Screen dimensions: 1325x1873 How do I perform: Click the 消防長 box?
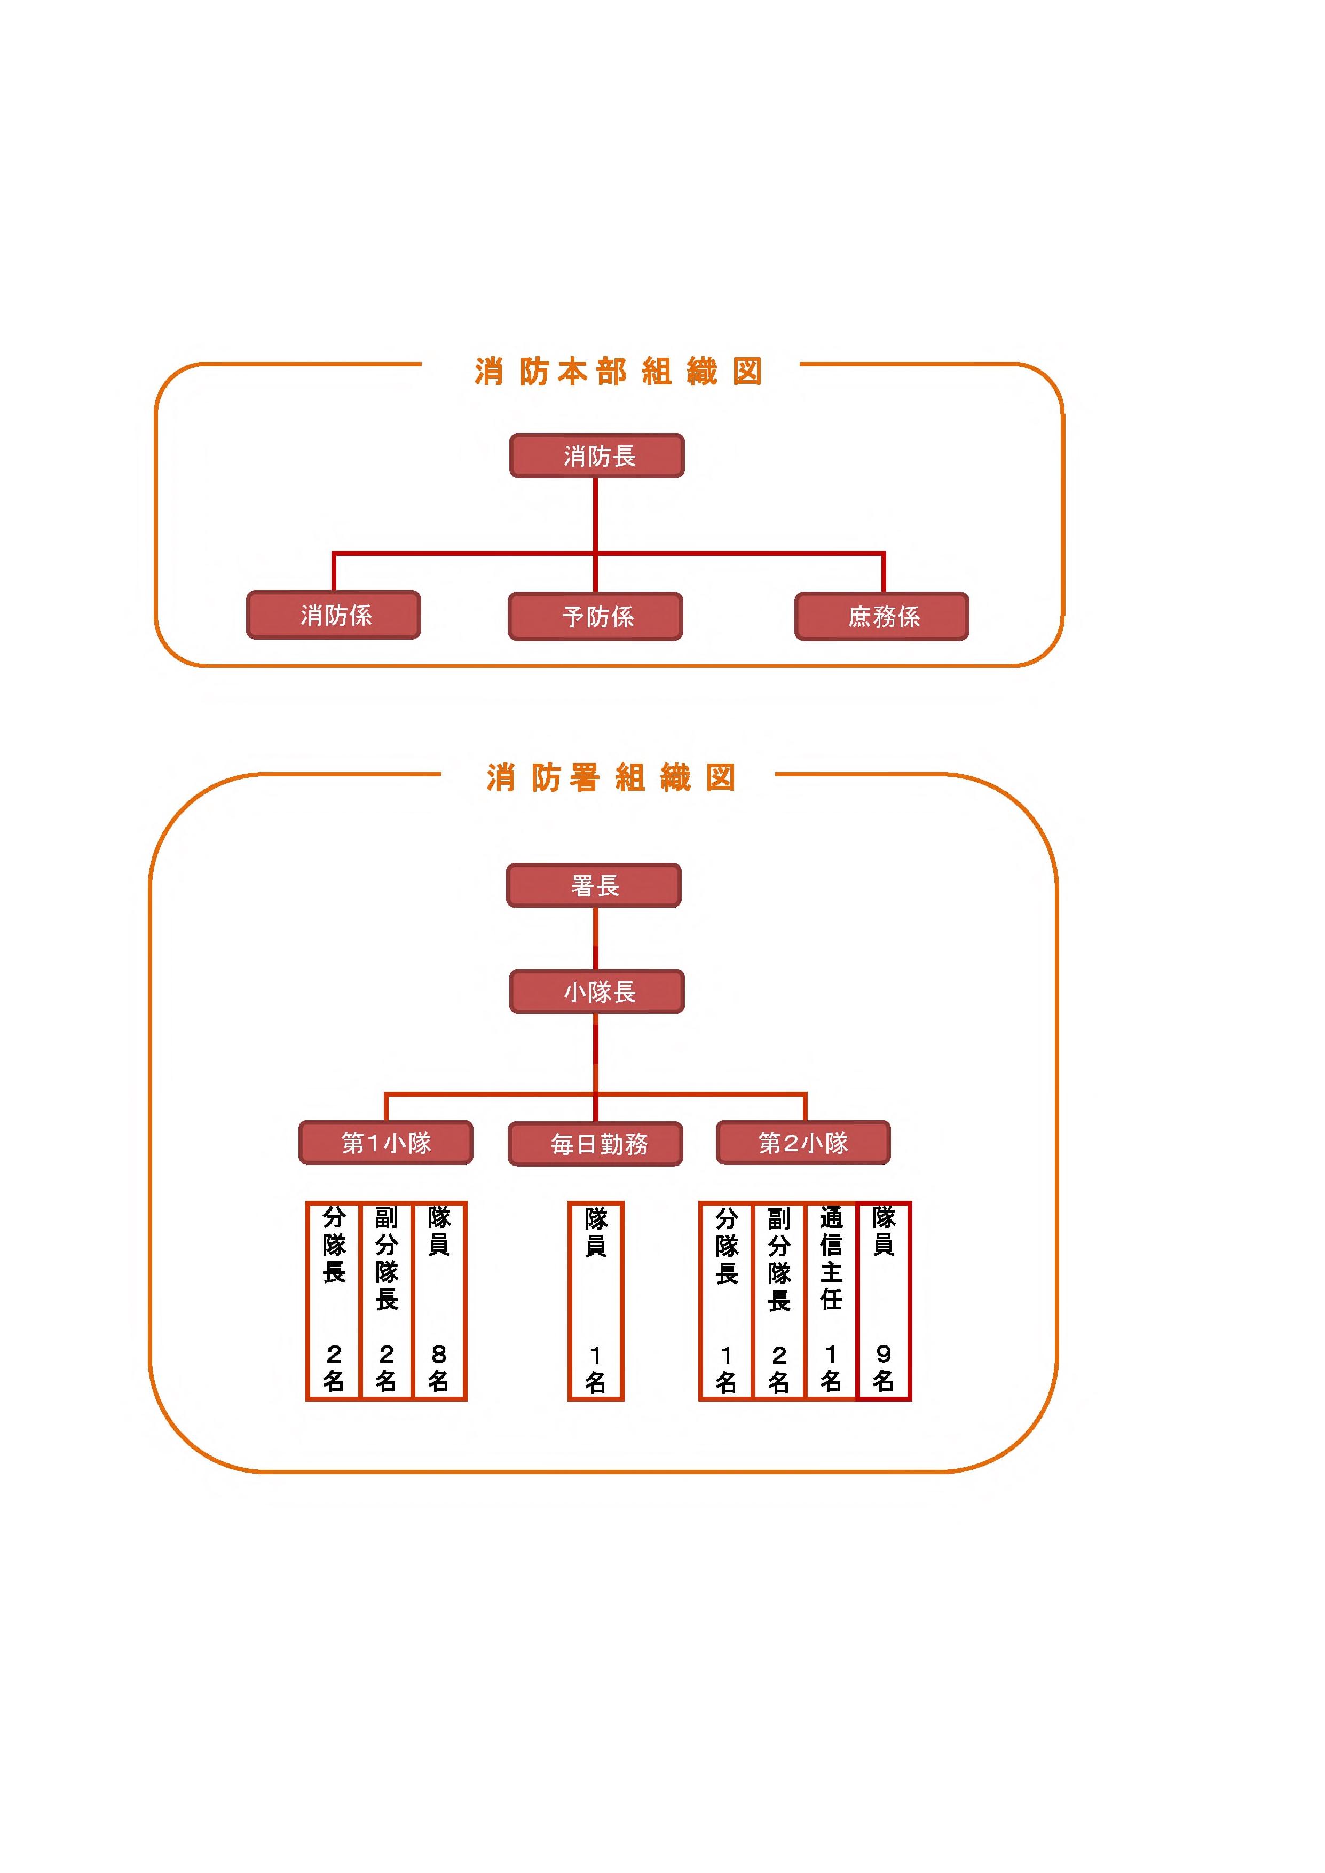coord(596,455)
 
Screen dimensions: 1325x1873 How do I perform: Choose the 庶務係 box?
coord(882,616)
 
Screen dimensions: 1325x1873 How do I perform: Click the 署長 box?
coord(594,885)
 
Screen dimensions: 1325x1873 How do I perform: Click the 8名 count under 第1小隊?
coord(439,1367)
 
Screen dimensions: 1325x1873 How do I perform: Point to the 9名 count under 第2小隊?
coord(884,1367)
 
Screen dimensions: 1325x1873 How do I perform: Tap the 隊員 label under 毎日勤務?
coord(596,1232)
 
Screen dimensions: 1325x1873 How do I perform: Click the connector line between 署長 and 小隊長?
coord(596,938)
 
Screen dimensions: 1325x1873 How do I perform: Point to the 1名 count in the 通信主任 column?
coord(831,1367)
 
